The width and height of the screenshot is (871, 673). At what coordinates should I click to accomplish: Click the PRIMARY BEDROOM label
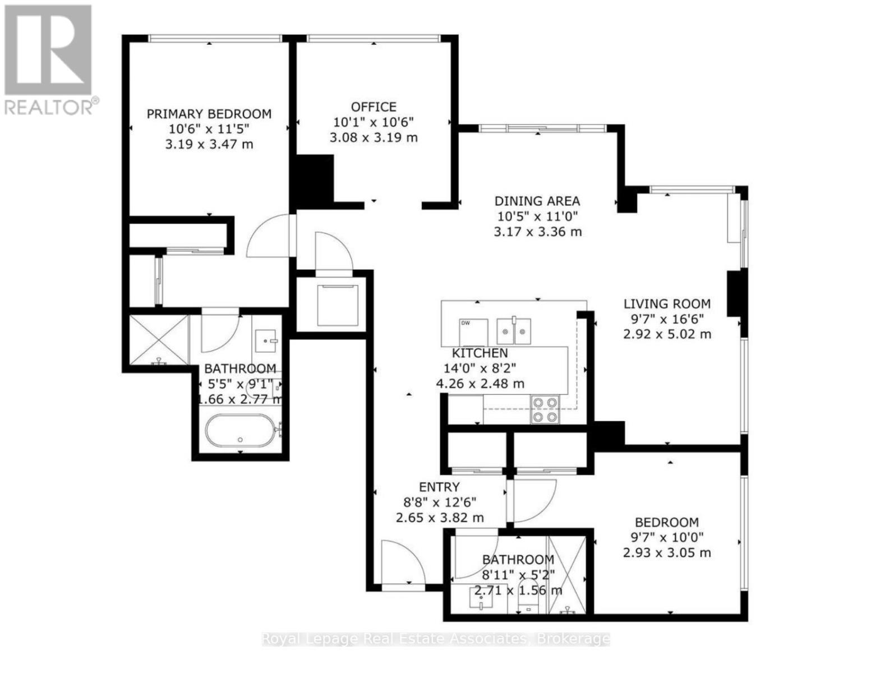(x=209, y=114)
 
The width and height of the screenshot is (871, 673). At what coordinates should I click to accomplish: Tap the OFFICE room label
(x=374, y=107)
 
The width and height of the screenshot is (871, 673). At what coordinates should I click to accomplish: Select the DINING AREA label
(x=537, y=201)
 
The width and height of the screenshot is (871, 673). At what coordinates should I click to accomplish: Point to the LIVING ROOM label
(x=667, y=304)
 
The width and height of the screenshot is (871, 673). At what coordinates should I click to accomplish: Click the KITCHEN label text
(x=480, y=353)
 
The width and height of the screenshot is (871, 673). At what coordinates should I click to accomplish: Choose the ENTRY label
(x=439, y=487)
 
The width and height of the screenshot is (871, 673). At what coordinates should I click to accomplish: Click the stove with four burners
(x=545, y=409)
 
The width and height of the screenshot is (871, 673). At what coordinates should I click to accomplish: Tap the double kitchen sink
(x=513, y=330)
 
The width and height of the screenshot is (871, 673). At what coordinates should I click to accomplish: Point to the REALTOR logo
(x=49, y=59)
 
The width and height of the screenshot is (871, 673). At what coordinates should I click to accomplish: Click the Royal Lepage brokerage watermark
(x=436, y=639)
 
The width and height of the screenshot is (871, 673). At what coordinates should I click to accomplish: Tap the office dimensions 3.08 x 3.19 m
(x=374, y=137)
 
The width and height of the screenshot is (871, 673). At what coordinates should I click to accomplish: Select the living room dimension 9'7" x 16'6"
(x=667, y=319)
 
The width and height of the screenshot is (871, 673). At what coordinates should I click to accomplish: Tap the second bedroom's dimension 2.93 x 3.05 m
(x=667, y=553)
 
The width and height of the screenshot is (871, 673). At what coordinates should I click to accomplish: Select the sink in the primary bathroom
(x=266, y=339)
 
